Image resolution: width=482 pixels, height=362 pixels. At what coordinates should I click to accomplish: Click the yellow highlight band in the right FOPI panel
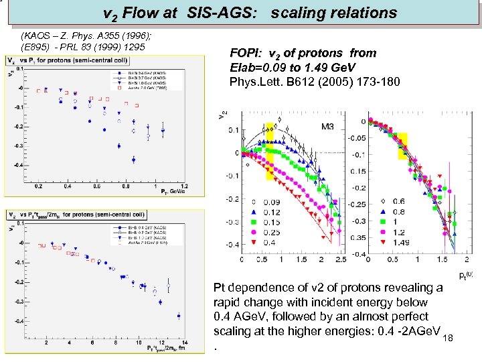[402, 146]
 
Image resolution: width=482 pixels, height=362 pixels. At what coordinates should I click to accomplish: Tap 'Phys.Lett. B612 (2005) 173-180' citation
[315, 82]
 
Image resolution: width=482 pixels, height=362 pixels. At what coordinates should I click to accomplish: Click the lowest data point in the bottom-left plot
[179, 316]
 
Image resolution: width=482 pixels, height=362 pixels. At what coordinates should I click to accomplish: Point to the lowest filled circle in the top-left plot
[133, 160]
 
